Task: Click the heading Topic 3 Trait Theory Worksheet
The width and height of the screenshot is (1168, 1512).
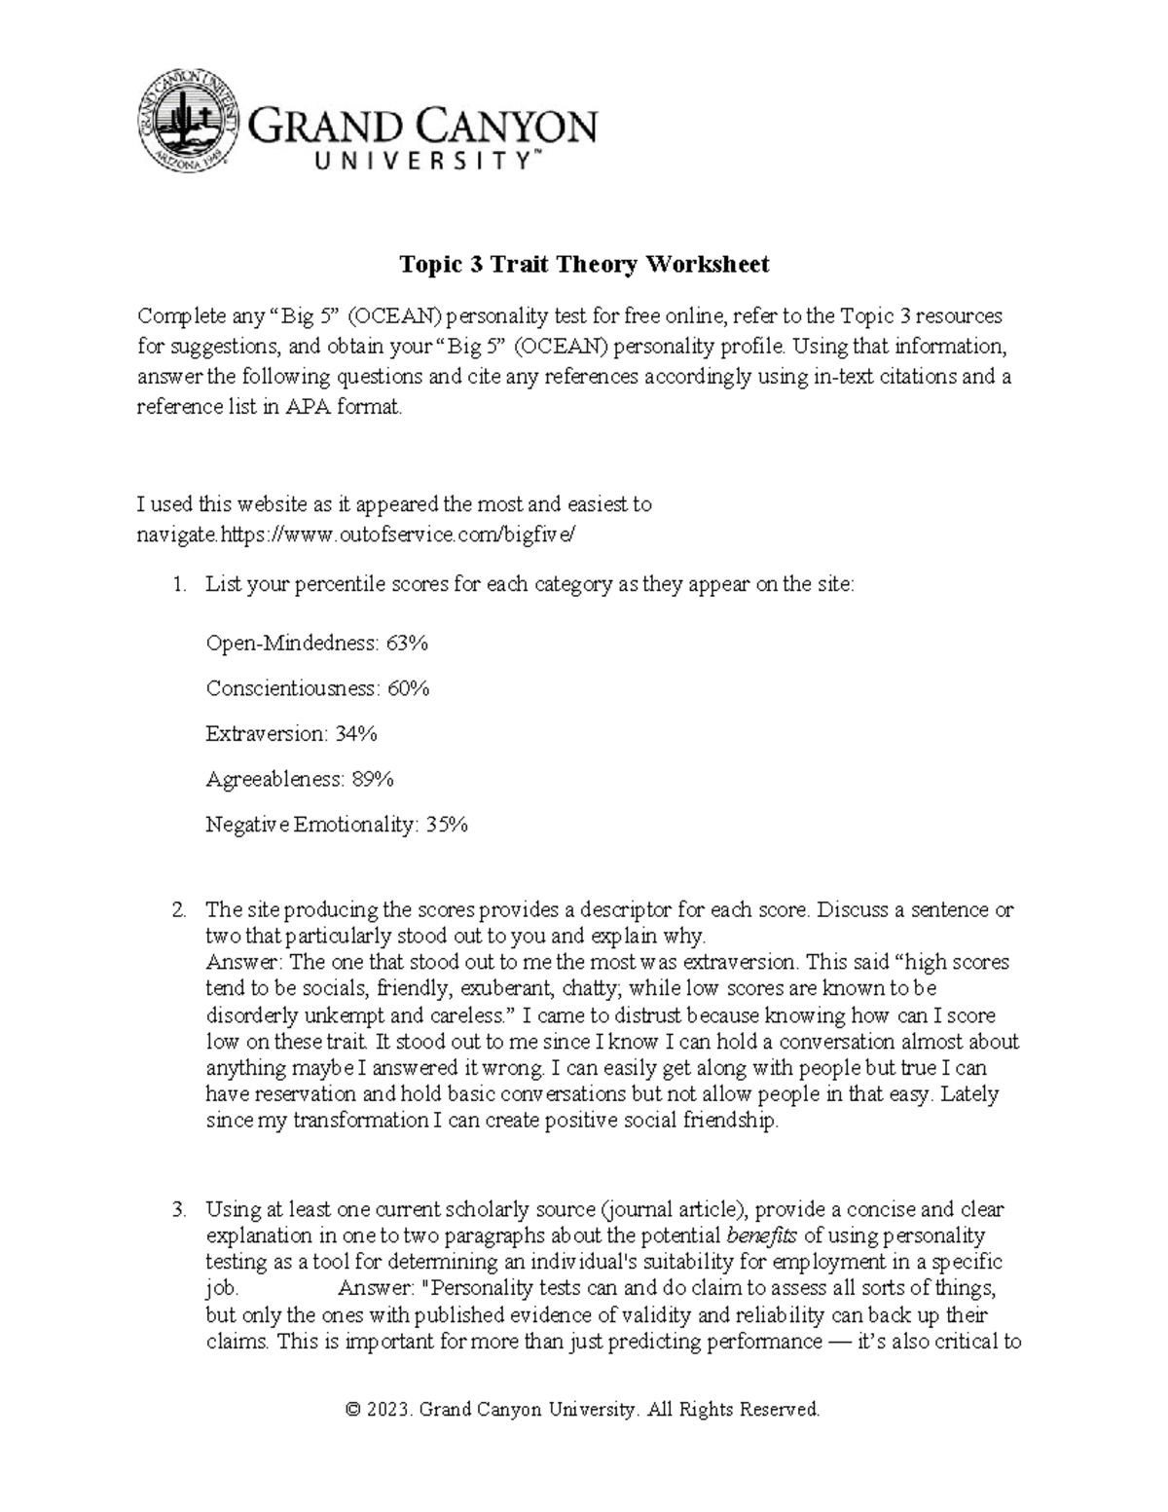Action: (584, 264)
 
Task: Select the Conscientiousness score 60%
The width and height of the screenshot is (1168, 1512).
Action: (409, 689)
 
